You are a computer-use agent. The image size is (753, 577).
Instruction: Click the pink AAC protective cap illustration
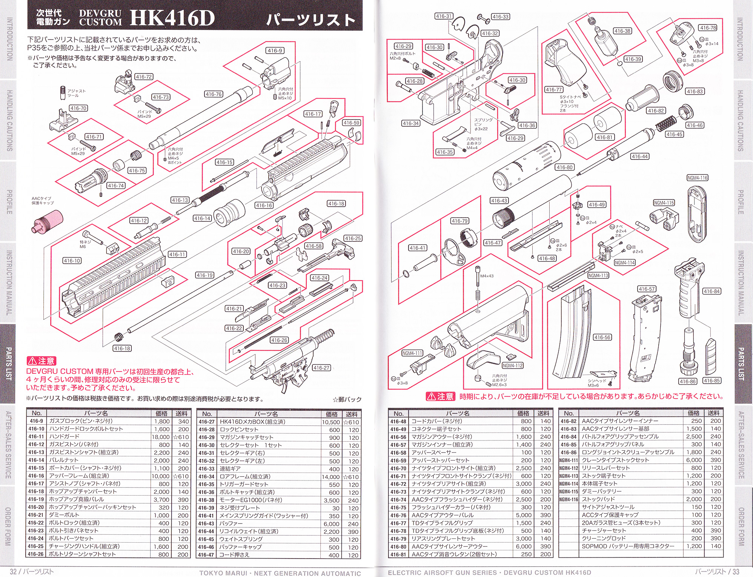[x=46, y=221]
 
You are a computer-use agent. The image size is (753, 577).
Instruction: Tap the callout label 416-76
[x=214, y=94]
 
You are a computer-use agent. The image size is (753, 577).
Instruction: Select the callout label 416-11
[x=177, y=255]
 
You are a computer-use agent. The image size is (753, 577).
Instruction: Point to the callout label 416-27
[x=321, y=368]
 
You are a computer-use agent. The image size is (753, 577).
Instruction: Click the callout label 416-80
[x=564, y=167]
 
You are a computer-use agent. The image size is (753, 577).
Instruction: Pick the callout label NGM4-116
[x=697, y=178]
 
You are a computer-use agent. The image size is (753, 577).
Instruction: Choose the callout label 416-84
[x=712, y=291]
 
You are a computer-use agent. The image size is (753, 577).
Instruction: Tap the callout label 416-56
[x=602, y=337]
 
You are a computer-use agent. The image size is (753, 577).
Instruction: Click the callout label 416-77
[x=554, y=89]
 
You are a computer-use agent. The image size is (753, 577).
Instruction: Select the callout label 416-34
[x=411, y=123]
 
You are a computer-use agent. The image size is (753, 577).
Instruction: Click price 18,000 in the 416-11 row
[x=161, y=437]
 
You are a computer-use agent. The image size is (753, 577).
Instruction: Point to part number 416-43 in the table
[x=206, y=523]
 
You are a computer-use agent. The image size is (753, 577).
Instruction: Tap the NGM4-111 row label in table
[x=569, y=460]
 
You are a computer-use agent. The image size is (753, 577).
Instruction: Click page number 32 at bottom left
[x=13, y=571]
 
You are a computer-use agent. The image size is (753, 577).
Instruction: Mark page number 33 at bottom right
[x=736, y=571]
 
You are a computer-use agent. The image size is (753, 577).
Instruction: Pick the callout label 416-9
[x=275, y=51]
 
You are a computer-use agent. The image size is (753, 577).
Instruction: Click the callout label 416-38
[x=622, y=31]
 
